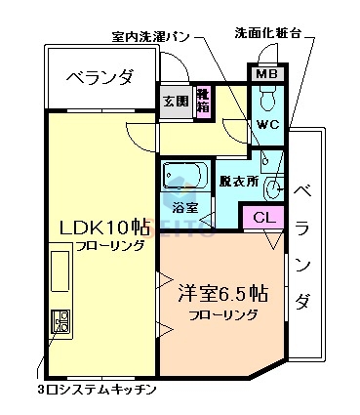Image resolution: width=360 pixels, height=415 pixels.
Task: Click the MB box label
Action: point(265,74)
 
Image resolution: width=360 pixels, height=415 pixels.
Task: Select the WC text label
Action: point(268,126)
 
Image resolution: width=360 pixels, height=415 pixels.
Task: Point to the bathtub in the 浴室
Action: point(184,177)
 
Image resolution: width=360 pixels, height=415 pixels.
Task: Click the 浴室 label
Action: point(186,208)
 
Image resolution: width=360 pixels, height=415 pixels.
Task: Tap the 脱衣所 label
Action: point(238,182)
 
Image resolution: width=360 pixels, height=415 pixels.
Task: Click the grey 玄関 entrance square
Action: point(176,103)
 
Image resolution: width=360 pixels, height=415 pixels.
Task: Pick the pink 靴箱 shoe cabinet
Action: point(203,103)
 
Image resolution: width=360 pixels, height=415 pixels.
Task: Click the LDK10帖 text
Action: point(103,227)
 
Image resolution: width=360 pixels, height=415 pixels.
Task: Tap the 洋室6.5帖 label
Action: point(223,292)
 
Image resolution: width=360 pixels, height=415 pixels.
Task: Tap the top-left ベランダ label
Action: point(99,76)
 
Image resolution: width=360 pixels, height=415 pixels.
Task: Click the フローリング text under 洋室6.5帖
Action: point(223,315)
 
